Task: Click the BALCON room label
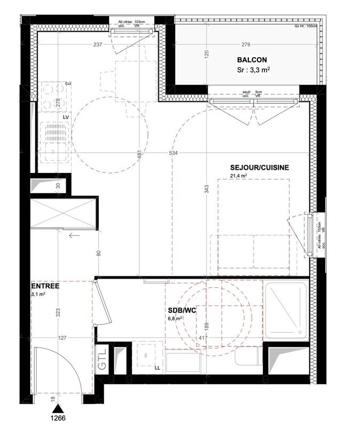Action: pyautogui.click(x=253, y=60)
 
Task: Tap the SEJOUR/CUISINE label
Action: pyautogui.click(x=259, y=167)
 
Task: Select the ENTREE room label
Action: pyautogui.click(x=45, y=286)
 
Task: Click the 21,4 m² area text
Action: pyautogui.click(x=238, y=176)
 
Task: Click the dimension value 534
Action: pyautogui.click(x=173, y=153)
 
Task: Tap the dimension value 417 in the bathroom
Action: pyautogui.click(x=204, y=338)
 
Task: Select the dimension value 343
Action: pyautogui.click(x=207, y=189)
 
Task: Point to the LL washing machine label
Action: pyautogui.click(x=157, y=368)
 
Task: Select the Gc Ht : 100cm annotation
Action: pyautogui.click(x=306, y=26)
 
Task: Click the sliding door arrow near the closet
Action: pyautogui.click(x=74, y=234)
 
